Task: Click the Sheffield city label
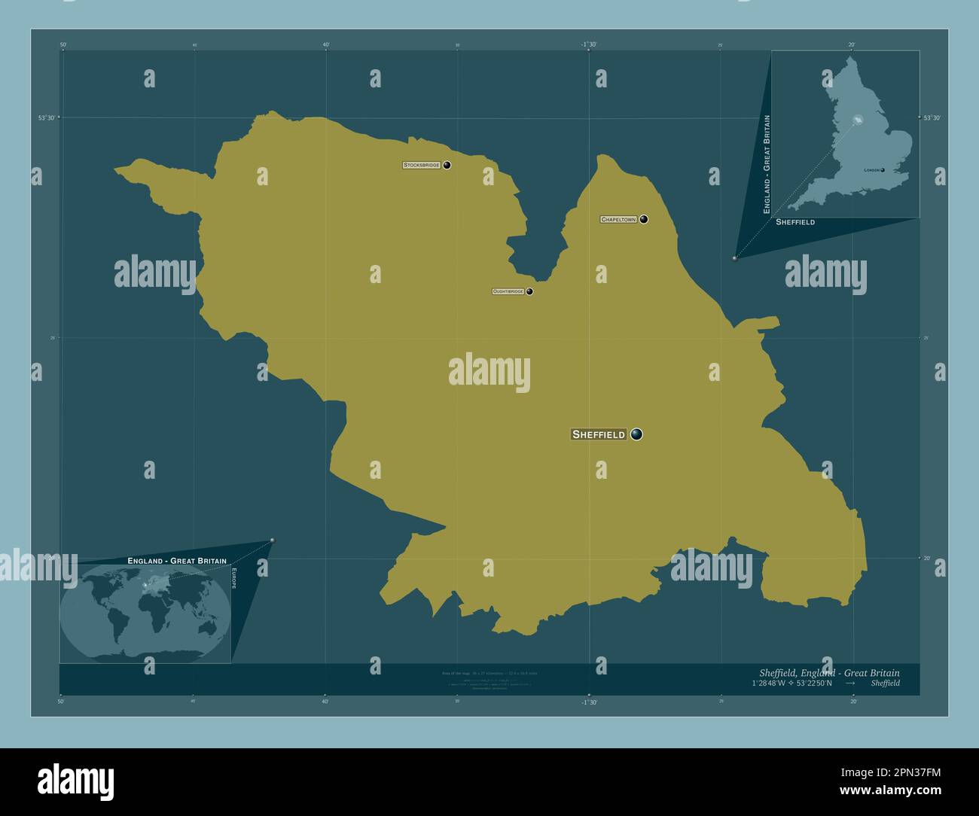click(599, 434)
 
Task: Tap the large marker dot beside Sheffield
click(637, 434)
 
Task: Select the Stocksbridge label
click(422, 165)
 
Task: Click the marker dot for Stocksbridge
click(447, 165)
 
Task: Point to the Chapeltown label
click(618, 220)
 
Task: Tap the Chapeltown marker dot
click(644, 220)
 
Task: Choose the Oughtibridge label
click(508, 291)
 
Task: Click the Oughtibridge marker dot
click(529, 291)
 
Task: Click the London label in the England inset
click(872, 171)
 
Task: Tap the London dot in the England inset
click(883, 170)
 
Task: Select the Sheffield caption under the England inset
click(794, 223)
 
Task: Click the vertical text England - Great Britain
click(767, 164)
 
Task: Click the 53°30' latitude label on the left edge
click(47, 118)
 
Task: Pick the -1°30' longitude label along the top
click(589, 45)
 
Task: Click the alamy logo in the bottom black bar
click(75, 781)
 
